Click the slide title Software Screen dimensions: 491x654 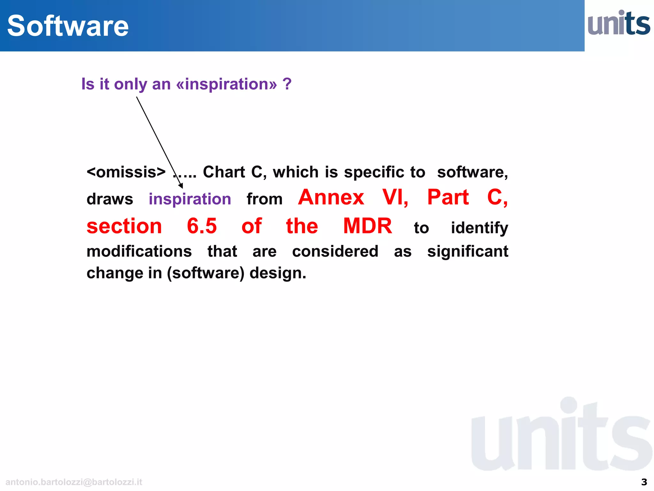click(x=68, y=26)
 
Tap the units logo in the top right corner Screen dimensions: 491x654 click(x=619, y=23)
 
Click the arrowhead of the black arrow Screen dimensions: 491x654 click(x=181, y=186)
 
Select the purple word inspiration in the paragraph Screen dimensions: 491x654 click(x=190, y=199)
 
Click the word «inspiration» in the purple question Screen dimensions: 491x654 click(x=226, y=84)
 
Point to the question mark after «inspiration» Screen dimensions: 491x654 click(x=287, y=84)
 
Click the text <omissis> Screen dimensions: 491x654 click(x=126, y=172)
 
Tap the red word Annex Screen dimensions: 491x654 click(x=331, y=197)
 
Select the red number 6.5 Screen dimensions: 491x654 click(x=202, y=226)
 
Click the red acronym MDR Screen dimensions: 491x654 click(x=368, y=226)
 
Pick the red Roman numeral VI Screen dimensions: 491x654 click(x=395, y=197)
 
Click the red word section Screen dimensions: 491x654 click(x=124, y=226)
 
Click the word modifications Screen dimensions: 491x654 click(x=139, y=251)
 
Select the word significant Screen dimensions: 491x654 click(x=468, y=251)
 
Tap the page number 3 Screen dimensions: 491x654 click(x=644, y=482)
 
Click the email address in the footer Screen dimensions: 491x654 click(x=74, y=482)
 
